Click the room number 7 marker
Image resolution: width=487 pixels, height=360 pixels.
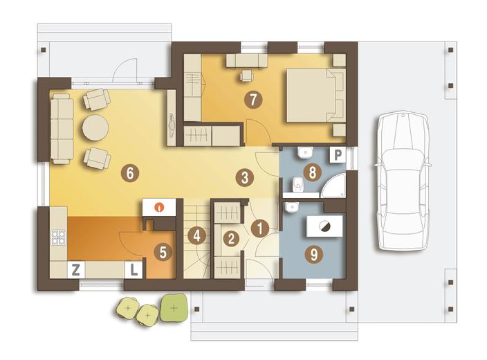pos(253,100)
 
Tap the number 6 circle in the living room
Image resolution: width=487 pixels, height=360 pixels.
pos(130,173)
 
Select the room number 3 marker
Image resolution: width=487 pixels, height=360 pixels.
pos(245,178)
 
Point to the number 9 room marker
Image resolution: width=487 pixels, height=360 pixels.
pos(314,255)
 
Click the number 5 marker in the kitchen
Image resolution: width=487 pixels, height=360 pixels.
pos(163,252)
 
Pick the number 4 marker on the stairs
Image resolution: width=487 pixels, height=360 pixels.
pos(197,235)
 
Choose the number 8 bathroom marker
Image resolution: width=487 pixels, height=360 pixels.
pos(313,172)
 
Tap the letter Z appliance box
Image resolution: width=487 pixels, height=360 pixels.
pos(76,269)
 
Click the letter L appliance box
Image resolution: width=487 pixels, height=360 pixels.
pos(134,269)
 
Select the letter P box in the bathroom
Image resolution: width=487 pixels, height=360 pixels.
pos(338,154)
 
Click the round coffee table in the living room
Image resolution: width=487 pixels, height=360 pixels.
pos(95,128)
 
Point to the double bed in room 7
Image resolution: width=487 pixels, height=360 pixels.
pos(315,95)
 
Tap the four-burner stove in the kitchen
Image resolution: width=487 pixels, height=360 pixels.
pos(59,237)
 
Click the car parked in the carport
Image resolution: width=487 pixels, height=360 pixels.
pos(403,181)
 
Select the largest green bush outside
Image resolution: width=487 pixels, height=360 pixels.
pos(174,308)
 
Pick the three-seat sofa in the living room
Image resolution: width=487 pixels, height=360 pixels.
pos(62,129)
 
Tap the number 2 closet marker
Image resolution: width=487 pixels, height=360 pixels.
pos(231,238)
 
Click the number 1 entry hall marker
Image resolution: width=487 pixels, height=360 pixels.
pos(259,228)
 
